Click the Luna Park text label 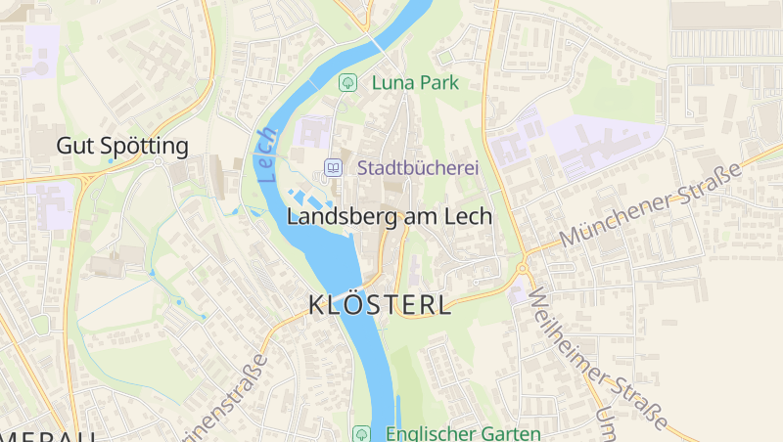(415, 83)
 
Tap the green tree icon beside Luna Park (346, 83)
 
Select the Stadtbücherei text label (418, 168)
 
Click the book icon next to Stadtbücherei (333, 168)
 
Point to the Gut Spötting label (122, 147)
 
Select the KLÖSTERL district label (380, 305)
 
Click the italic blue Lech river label (267, 155)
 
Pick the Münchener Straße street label (651, 205)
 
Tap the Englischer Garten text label (462, 433)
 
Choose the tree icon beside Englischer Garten (361, 433)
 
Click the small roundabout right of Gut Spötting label (159, 161)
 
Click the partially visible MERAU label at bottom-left (49, 435)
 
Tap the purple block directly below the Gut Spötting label (51, 202)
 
